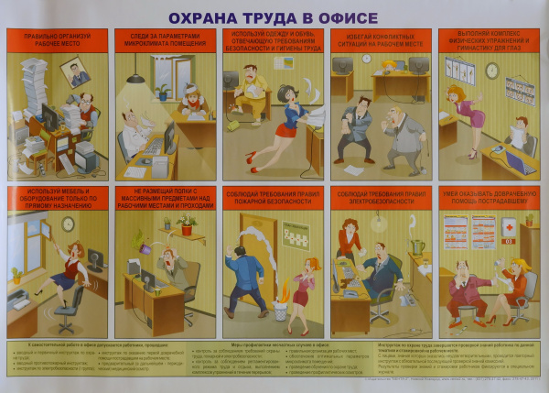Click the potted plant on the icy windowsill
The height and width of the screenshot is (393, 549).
(163, 91)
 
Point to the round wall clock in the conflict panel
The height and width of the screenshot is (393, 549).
(366, 59)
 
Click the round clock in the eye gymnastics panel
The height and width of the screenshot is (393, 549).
(492, 71)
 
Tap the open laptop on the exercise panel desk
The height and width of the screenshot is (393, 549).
(522, 164)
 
